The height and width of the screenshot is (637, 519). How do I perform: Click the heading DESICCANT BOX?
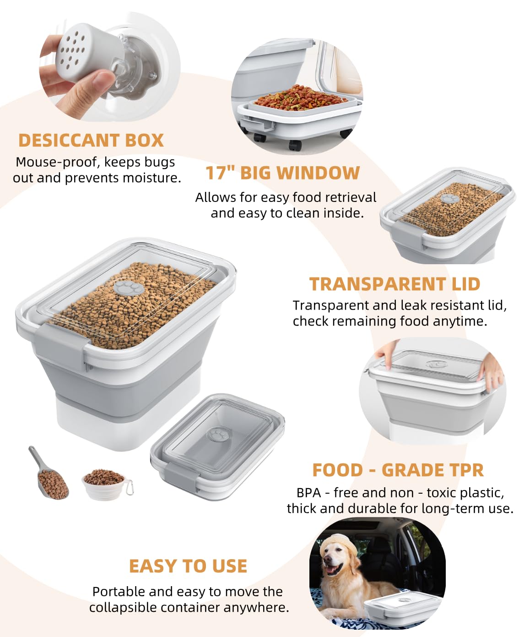click(91, 140)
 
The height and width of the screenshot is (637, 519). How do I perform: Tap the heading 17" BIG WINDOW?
click(282, 173)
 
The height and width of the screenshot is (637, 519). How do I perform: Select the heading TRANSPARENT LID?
click(395, 284)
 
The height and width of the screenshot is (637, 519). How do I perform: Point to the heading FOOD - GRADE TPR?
click(398, 470)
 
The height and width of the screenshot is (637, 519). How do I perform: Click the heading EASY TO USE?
click(188, 566)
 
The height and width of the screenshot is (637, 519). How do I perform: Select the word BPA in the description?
click(308, 493)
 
